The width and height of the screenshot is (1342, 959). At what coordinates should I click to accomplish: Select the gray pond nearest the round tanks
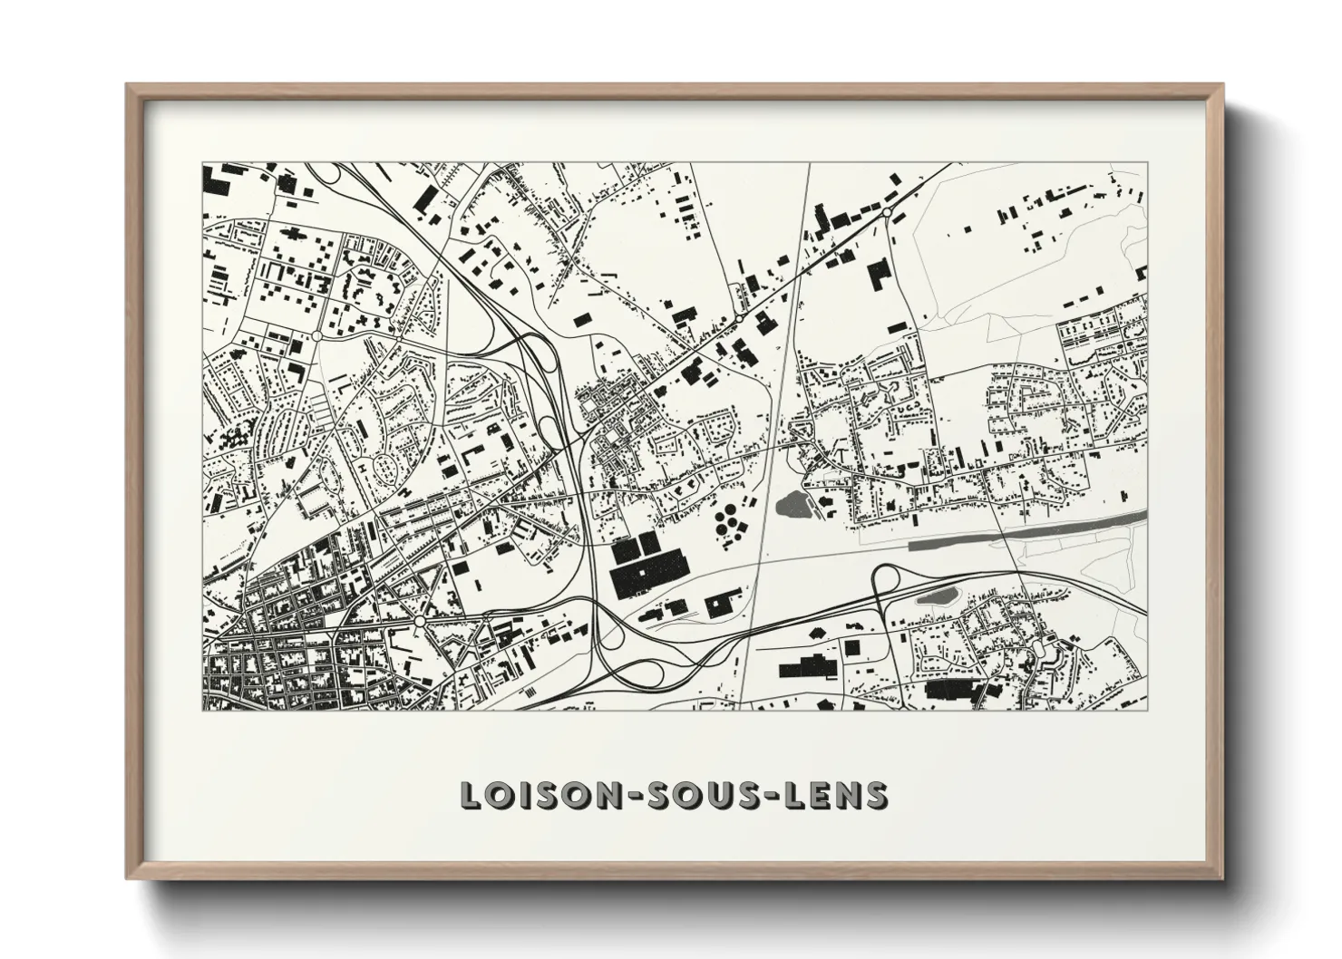click(x=792, y=501)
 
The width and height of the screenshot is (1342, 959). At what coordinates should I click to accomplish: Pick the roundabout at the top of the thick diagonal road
click(x=887, y=213)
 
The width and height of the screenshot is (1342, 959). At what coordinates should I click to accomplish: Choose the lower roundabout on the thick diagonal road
click(x=738, y=319)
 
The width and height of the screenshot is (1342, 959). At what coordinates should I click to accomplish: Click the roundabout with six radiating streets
click(x=420, y=622)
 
